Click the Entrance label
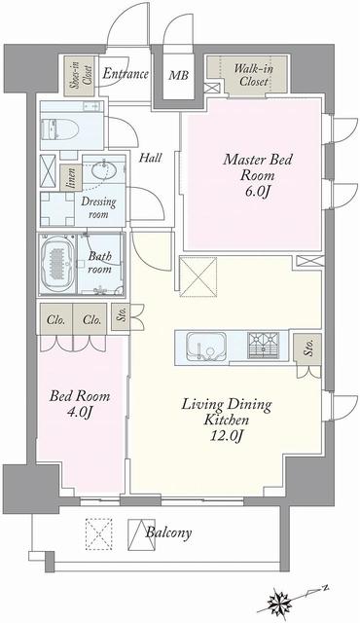pyautogui.click(x=125, y=73)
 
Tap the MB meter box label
pyautogui.click(x=179, y=74)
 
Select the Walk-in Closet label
pyautogui.click(x=252, y=74)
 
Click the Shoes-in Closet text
pyautogui.click(x=73, y=74)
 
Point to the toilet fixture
pyautogui.click(x=62, y=128)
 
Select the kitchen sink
pyautogui.click(x=205, y=347)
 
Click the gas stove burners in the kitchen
pyautogui.click(x=264, y=346)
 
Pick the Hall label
pyautogui.click(x=149, y=157)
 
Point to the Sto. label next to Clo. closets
pyautogui.click(x=123, y=313)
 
